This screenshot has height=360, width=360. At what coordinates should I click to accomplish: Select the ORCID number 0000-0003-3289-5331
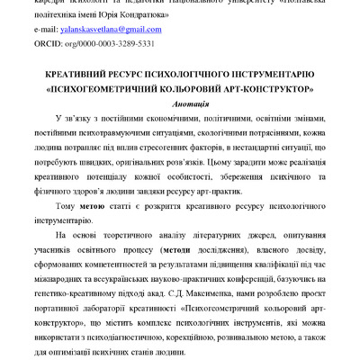tap(130, 42)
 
